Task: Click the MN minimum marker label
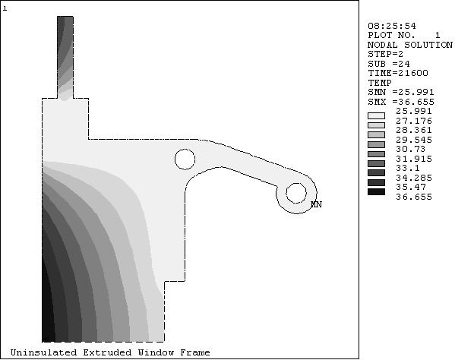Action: coord(316,204)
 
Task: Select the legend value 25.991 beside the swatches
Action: coord(414,111)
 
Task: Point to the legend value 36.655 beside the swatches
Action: coord(414,197)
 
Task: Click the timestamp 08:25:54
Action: coord(392,26)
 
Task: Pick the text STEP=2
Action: coord(385,54)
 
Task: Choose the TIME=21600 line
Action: coord(398,73)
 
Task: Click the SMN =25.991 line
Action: coord(401,92)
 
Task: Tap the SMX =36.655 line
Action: coord(401,102)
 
